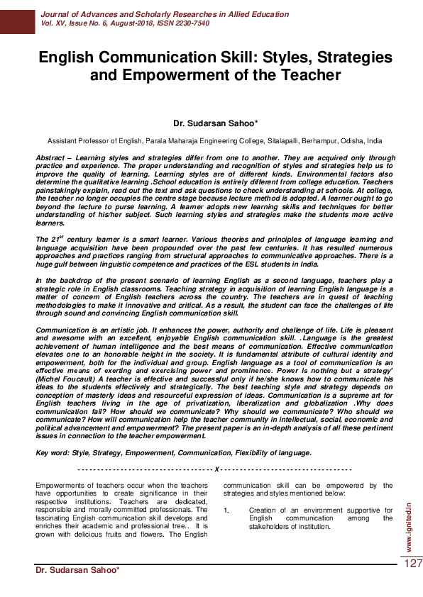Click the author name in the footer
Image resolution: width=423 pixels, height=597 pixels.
tap(77, 570)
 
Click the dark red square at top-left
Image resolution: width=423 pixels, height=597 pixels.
tap(17, 17)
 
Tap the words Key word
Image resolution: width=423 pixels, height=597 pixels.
tap(52, 452)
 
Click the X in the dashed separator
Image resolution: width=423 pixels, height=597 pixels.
tap(216, 469)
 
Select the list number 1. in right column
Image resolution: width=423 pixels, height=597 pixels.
tap(226, 510)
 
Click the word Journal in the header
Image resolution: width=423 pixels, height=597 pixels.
tap(57, 14)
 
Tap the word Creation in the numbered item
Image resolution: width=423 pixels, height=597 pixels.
tap(264, 510)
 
